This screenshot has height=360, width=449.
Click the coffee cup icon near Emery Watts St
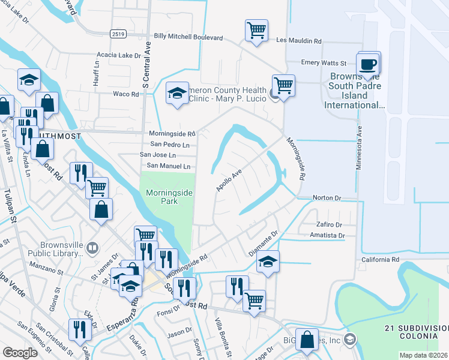point(367,64)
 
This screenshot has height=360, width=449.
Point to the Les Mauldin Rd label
point(298,41)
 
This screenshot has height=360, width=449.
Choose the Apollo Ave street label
point(229,179)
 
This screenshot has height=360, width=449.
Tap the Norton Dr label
point(327,197)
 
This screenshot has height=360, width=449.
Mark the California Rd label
point(380,260)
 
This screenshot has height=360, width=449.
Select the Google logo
point(20,353)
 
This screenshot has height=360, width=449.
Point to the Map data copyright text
point(423,355)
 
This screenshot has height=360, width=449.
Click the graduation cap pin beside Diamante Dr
point(268,262)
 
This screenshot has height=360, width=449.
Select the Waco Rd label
point(126,94)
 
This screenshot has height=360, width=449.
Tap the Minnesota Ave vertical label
point(359,148)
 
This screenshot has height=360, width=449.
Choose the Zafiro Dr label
point(329,224)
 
